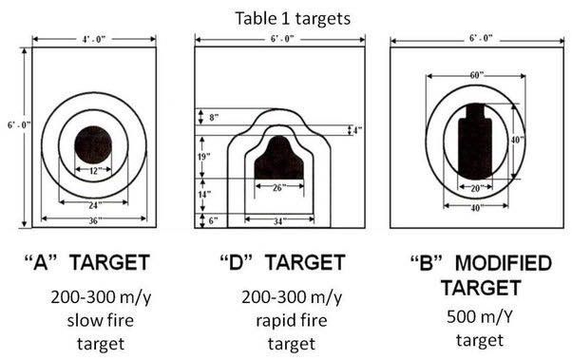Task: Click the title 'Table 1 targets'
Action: (293, 18)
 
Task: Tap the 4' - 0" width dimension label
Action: (93, 39)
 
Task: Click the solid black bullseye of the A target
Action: (93, 144)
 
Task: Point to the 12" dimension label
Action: (93, 170)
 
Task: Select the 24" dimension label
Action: (93, 206)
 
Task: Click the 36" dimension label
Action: (93, 221)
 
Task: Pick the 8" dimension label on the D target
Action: (214, 118)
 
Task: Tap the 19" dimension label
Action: (204, 157)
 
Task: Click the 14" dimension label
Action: (204, 195)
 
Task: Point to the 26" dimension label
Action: (278, 188)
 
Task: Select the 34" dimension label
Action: (278, 221)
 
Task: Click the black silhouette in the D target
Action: (278, 159)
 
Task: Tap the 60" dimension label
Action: (476, 75)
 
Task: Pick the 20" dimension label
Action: (476, 189)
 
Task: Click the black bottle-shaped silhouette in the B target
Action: (475, 142)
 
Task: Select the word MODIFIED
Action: (504, 263)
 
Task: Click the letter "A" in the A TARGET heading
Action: (41, 262)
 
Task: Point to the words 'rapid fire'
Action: (292, 321)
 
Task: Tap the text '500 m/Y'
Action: (479, 316)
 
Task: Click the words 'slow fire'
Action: (101, 320)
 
